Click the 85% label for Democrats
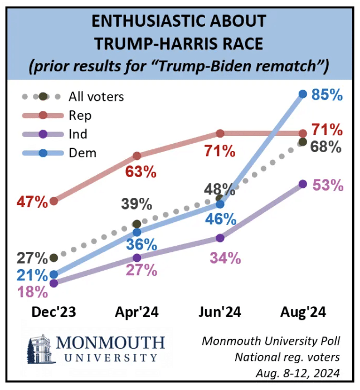327,95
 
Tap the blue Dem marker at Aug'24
303,94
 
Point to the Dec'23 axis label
53,313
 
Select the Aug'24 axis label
303,313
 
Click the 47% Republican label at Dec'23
33,201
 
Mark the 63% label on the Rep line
140,172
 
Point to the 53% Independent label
327,185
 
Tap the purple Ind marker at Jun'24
220,238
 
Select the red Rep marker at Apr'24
137,155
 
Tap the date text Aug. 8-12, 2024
300,372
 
